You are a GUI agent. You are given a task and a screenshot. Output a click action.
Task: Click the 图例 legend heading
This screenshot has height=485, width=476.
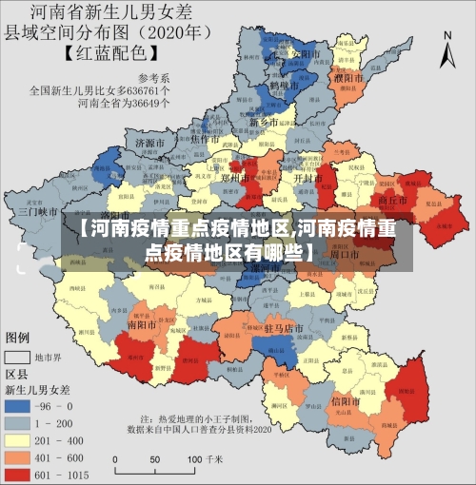click(19, 339)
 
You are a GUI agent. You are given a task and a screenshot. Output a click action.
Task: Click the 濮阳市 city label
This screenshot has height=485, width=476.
click(348, 76)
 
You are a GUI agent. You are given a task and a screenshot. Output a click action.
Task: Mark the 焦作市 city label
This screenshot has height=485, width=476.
click(206, 139)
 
